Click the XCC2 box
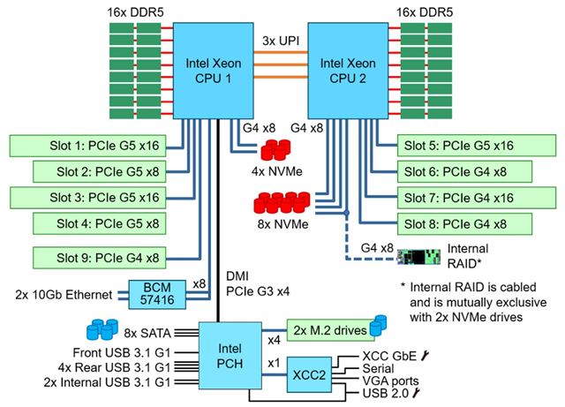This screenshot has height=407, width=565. (314, 373)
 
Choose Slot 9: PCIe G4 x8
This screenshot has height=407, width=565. (99, 258)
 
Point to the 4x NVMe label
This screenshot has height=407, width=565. (278, 170)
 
